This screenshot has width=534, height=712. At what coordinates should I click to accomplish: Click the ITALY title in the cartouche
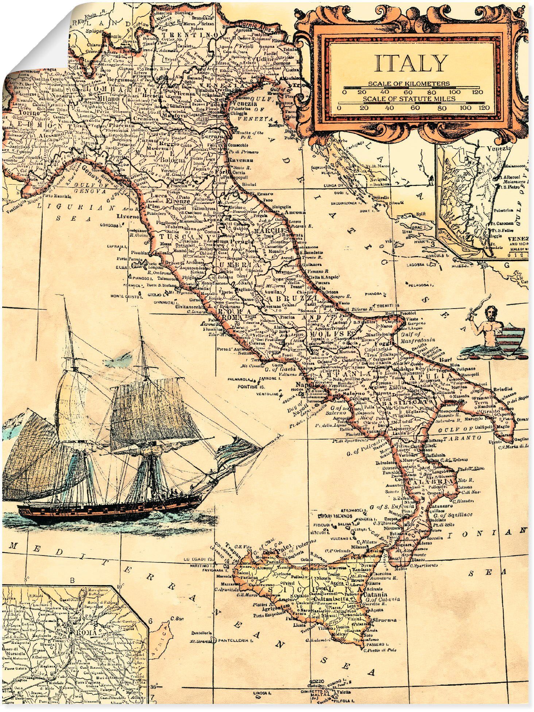pyautogui.click(x=411, y=63)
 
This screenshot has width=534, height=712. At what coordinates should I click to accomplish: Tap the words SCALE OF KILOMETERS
pyautogui.click(x=409, y=84)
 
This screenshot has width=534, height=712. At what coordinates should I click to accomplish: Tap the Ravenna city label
pyautogui.click(x=241, y=160)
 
